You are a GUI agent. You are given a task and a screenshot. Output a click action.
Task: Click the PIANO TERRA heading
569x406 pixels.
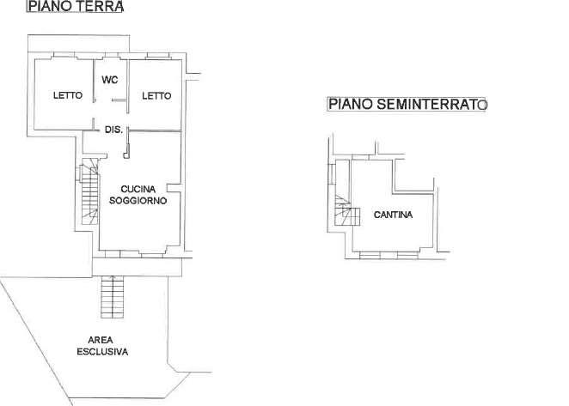click(75, 7)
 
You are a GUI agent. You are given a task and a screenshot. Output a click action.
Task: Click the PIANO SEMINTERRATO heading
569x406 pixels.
click(407, 105)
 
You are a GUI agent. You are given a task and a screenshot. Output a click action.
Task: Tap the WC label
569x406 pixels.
click(110, 80)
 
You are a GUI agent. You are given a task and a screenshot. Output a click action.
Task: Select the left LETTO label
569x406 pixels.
click(68, 96)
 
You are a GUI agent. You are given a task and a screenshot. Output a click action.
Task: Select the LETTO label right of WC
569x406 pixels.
click(156, 96)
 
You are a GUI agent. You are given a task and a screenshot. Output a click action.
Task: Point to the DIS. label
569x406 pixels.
click(113, 130)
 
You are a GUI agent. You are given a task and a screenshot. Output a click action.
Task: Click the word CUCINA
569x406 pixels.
click(138, 190)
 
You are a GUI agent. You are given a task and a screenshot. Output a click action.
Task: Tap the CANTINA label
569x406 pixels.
click(393, 215)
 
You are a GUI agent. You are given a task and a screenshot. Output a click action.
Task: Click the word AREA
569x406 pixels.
click(101, 341)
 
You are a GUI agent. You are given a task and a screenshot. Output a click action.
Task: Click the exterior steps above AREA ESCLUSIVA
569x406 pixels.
click(113, 297)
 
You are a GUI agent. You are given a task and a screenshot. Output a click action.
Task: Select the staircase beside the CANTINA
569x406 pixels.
click(343, 209)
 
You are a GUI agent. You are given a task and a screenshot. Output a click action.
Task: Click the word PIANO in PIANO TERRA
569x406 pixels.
click(47, 7)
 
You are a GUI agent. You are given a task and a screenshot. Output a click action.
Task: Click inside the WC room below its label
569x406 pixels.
click(110, 99)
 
